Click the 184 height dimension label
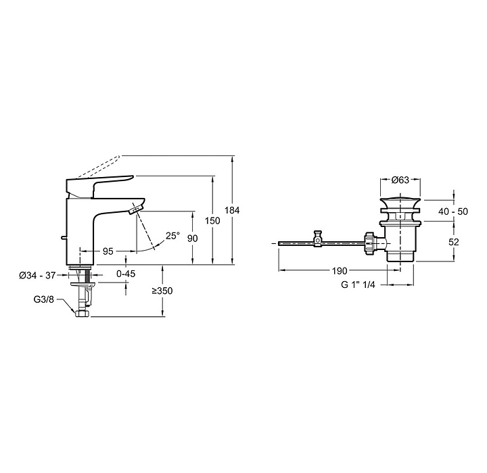(x=232, y=210)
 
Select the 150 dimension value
(x=212, y=221)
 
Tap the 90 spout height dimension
(x=193, y=239)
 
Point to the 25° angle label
(x=172, y=236)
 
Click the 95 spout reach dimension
(x=108, y=251)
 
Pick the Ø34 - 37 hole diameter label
(x=37, y=275)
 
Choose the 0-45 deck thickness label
(x=126, y=274)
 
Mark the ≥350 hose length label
(x=162, y=291)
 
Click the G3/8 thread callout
(x=44, y=299)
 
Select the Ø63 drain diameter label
(x=400, y=180)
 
